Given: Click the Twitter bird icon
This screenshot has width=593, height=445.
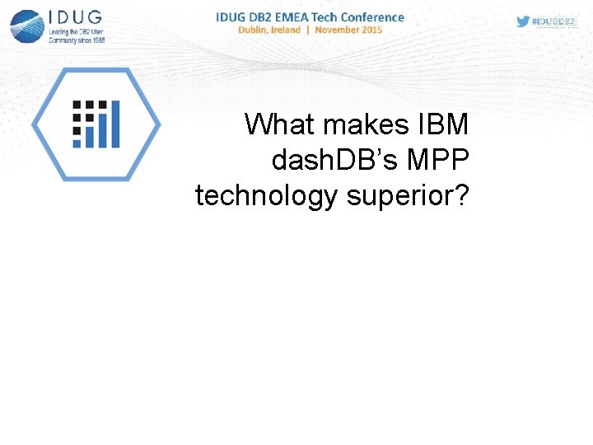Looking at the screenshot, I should point(523,21).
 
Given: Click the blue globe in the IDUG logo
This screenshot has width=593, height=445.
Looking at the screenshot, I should point(27,26).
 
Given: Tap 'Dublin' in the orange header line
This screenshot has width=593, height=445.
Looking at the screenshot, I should point(254,30).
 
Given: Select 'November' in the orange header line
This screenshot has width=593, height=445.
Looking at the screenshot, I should point(336,30).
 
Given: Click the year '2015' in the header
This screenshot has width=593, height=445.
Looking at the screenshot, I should point(371,30).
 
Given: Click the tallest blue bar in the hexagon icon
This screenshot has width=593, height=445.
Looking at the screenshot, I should point(114,124).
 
